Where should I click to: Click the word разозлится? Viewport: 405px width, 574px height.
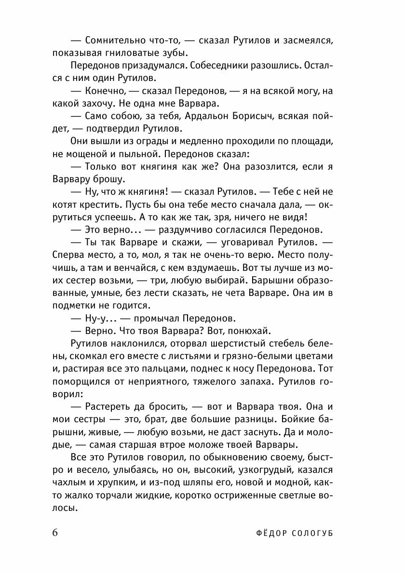(273, 166)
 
